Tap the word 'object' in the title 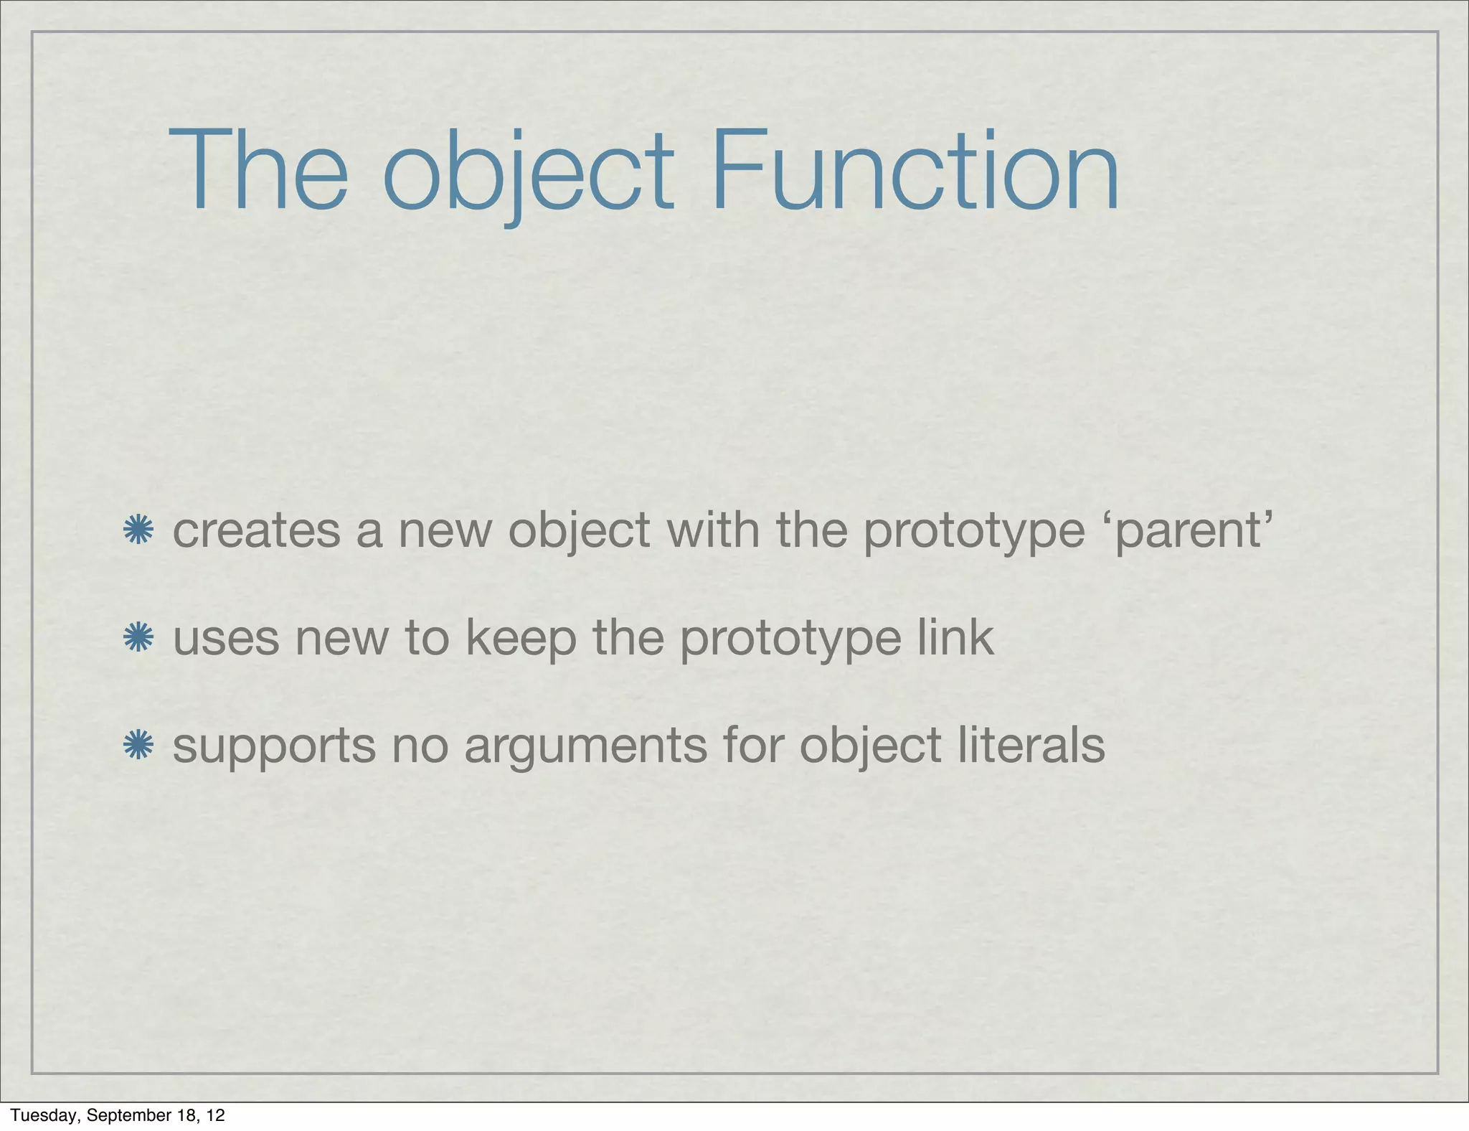pos(529,172)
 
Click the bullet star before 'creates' pos(138,531)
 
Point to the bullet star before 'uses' pos(138,638)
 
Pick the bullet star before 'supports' pos(138,745)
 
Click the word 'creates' pos(257,531)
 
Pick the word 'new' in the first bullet pos(445,531)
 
